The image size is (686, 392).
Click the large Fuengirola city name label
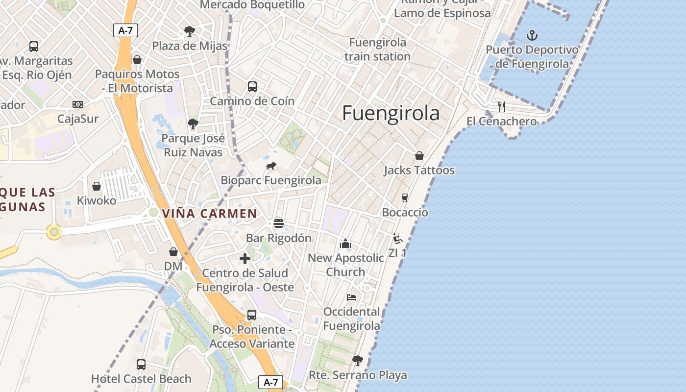click(x=391, y=113)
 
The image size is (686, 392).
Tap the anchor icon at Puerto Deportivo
click(x=532, y=35)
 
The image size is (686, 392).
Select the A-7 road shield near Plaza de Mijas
click(x=126, y=30)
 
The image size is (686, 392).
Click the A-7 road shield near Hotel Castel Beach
click(x=270, y=382)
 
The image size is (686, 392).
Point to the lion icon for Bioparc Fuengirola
click(x=271, y=166)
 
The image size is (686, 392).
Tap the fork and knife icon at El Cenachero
click(x=501, y=106)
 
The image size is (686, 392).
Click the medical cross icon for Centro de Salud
click(x=245, y=259)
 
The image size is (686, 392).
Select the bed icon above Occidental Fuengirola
click(x=351, y=297)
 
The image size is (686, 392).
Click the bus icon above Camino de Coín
click(x=252, y=87)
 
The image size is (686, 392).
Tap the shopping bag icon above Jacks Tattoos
click(x=419, y=156)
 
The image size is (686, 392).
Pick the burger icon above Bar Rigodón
click(x=279, y=223)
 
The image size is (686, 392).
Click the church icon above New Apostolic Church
click(x=345, y=243)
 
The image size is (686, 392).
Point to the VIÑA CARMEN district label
click(x=209, y=214)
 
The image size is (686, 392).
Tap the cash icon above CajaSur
click(x=78, y=104)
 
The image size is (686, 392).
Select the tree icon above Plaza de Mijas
click(x=190, y=31)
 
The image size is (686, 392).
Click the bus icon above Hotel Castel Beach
click(x=141, y=364)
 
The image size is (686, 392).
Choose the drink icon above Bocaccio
click(x=405, y=198)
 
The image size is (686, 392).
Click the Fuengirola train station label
click(x=377, y=49)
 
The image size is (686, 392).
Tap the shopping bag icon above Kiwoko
click(x=97, y=186)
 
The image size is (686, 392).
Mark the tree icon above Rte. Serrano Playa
click(x=358, y=361)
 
